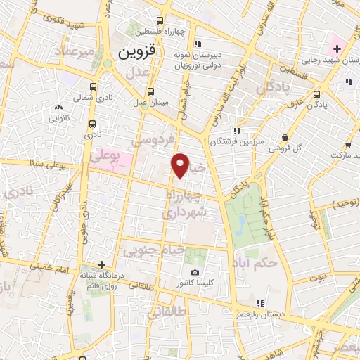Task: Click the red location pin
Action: [181, 165]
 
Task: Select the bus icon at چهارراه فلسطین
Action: [161, 20]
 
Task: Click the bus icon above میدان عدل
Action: [150, 91]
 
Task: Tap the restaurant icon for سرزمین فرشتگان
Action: [238, 130]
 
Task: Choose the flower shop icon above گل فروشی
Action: [284, 138]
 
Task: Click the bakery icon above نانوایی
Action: [58, 108]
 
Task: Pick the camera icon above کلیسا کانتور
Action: [195, 272]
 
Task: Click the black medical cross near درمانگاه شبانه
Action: [102, 265]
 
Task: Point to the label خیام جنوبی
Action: [153, 248]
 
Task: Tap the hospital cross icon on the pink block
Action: [337, 49]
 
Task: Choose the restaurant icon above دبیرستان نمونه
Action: [198, 42]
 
